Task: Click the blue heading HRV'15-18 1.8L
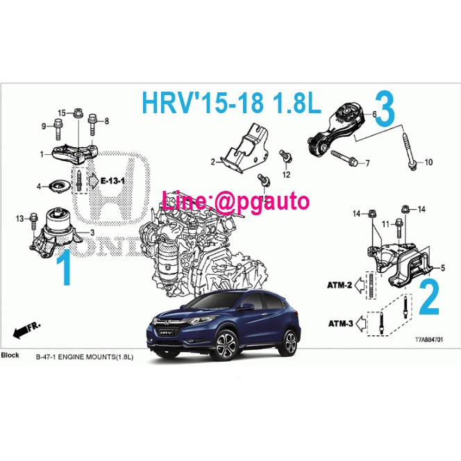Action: pos(231,103)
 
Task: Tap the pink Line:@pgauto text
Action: pos(236,201)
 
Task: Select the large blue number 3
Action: pos(385,108)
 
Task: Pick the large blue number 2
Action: pos(429,297)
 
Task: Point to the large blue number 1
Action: pos(65,267)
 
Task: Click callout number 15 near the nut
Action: pos(62,113)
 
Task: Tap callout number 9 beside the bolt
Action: pos(44,126)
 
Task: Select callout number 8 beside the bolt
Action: pos(107,121)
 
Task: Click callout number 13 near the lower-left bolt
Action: pos(19,219)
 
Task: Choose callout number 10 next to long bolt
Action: pos(428,162)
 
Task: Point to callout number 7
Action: pos(367,163)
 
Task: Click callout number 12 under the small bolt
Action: pos(286,175)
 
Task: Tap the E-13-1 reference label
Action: pos(112,181)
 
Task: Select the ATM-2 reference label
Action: pos(340,285)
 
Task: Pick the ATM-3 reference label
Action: pos(340,324)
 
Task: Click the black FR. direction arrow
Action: pos(26,330)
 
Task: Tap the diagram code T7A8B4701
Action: pos(429,340)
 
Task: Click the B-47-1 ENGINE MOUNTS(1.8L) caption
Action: pos(85,357)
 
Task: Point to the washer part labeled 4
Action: pos(59,187)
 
